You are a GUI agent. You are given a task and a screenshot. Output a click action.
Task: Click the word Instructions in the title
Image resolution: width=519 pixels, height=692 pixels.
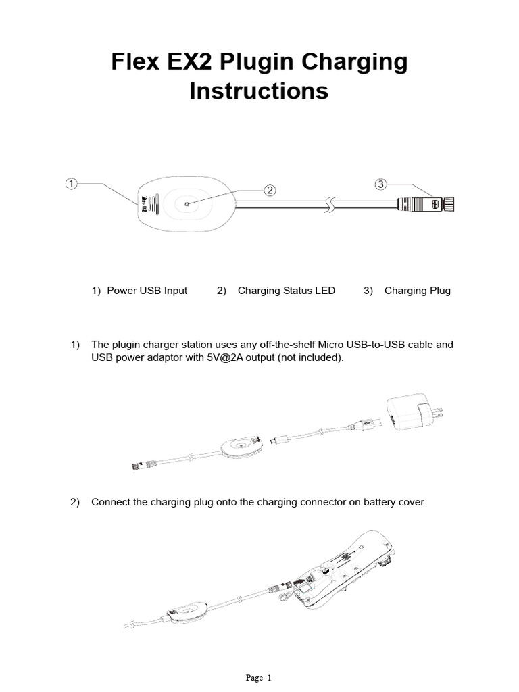point(259,91)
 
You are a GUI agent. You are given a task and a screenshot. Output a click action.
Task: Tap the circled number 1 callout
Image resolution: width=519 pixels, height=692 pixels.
point(72,183)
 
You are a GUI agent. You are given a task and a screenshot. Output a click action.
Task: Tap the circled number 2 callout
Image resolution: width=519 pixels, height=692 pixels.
point(270,190)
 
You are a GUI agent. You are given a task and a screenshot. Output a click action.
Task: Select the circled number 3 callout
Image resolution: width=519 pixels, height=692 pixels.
point(381,184)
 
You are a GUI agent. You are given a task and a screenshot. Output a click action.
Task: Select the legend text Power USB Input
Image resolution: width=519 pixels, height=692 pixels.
point(147,291)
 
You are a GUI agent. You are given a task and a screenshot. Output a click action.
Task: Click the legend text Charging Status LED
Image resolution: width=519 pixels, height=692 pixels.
point(286,291)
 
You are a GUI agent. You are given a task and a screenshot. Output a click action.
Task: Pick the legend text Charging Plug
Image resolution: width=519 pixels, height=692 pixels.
point(417,291)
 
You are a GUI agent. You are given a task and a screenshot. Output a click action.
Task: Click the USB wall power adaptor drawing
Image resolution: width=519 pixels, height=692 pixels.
point(407,413)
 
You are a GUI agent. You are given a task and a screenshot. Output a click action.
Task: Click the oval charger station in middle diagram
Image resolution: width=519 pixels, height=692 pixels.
point(239,447)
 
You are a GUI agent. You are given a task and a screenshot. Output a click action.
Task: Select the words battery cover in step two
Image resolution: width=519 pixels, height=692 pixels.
point(395,503)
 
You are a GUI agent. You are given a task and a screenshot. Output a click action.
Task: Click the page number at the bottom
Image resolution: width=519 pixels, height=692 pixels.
point(259,678)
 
